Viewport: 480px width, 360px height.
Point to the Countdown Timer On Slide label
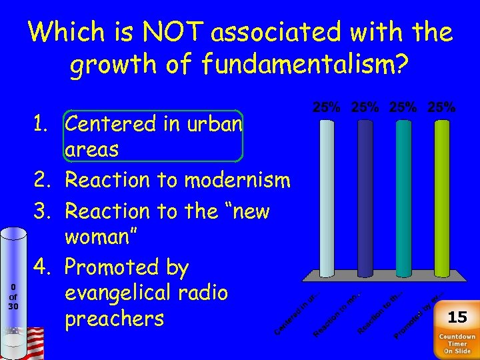click(457, 343)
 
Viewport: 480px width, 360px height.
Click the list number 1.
click(43, 125)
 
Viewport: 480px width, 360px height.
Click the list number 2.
click(43, 180)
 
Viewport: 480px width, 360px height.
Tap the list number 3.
click(43, 211)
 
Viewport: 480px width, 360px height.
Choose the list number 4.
click(43, 268)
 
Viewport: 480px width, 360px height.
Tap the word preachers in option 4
click(114, 319)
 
